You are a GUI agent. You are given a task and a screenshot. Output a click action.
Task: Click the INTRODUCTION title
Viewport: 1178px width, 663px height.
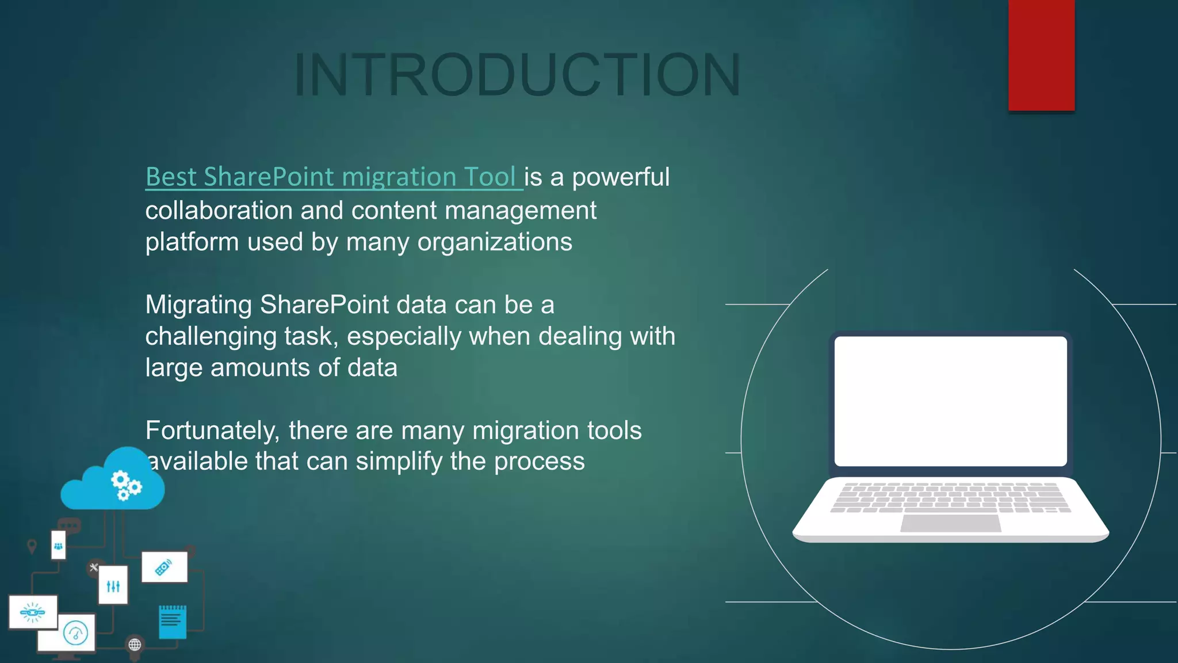pyautogui.click(x=517, y=75)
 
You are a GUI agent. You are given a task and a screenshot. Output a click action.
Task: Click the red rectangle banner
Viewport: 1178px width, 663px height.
pyautogui.click(x=1041, y=55)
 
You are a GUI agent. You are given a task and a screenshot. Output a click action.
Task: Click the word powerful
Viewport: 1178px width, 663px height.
pyautogui.click(x=621, y=177)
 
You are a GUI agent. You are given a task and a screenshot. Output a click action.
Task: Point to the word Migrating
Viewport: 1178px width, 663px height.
pyautogui.click(x=198, y=305)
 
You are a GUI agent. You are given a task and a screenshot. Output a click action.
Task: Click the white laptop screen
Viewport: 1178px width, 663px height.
pyautogui.click(x=950, y=401)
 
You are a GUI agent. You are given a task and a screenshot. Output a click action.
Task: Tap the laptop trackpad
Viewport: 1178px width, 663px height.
pyautogui.click(x=950, y=523)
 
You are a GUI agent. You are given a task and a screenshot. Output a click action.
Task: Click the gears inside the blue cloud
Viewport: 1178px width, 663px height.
pyautogui.click(x=125, y=485)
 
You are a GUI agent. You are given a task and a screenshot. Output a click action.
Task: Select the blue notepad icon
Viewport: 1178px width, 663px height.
pyautogui.click(x=173, y=622)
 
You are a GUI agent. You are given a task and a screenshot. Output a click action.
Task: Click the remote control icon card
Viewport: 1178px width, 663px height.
pyautogui.click(x=165, y=567)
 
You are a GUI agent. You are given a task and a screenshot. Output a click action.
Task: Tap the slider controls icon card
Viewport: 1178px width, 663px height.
pyautogui.click(x=113, y=585)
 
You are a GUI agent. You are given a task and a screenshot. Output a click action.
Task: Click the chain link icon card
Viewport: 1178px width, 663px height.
pyautogui.click(x=33, y=612)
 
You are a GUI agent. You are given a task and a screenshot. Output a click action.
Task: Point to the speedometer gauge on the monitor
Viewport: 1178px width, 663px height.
pyautogui.click(x=75, y=634)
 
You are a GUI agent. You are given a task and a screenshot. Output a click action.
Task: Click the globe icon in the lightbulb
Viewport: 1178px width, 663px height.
pyautogui.click(x=135, y=645)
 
